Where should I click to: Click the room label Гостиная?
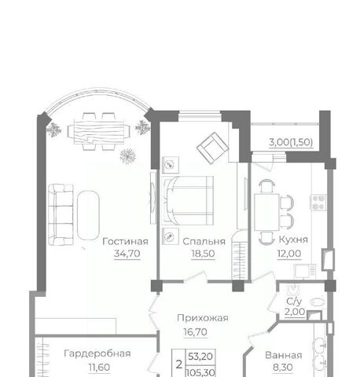[x=125, y=241]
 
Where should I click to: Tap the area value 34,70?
[x=127, y=254]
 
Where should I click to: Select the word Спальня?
[x=204, y=241]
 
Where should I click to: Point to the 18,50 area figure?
[x=203, y=254]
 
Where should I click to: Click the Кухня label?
[x=293, y=240]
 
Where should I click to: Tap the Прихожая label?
[x=203, y=318]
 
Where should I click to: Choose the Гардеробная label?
[x=97, y=353]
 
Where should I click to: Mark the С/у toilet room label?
[x=294, y=302]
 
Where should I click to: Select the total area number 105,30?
[x=200, y=372]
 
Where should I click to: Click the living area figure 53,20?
[x=200, y=357]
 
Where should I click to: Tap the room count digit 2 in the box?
[x=179, y=364]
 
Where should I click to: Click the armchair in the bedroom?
[x=212, y=148]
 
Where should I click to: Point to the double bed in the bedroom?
[x=188, y=200]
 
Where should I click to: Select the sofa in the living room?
[x=61, y=214]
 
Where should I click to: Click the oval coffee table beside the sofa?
[x=88, y=215]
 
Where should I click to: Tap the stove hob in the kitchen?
[x=318, y=203]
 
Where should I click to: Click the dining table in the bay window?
[x=99, y=131]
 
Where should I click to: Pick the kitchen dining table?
[x=266, y=212]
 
